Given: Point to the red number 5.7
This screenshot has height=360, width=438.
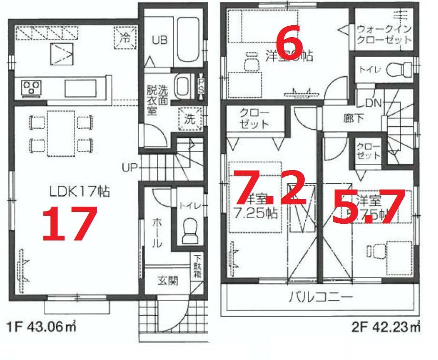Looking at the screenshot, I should tap(368, 206).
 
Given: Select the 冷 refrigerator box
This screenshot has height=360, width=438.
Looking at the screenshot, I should tap(126, 36).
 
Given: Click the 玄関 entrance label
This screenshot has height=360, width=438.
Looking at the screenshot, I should tap(167, 280).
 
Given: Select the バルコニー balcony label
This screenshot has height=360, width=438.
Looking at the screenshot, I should tap(321, 299).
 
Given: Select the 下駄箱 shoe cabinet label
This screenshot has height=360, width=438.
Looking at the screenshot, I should tap(198, 267).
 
